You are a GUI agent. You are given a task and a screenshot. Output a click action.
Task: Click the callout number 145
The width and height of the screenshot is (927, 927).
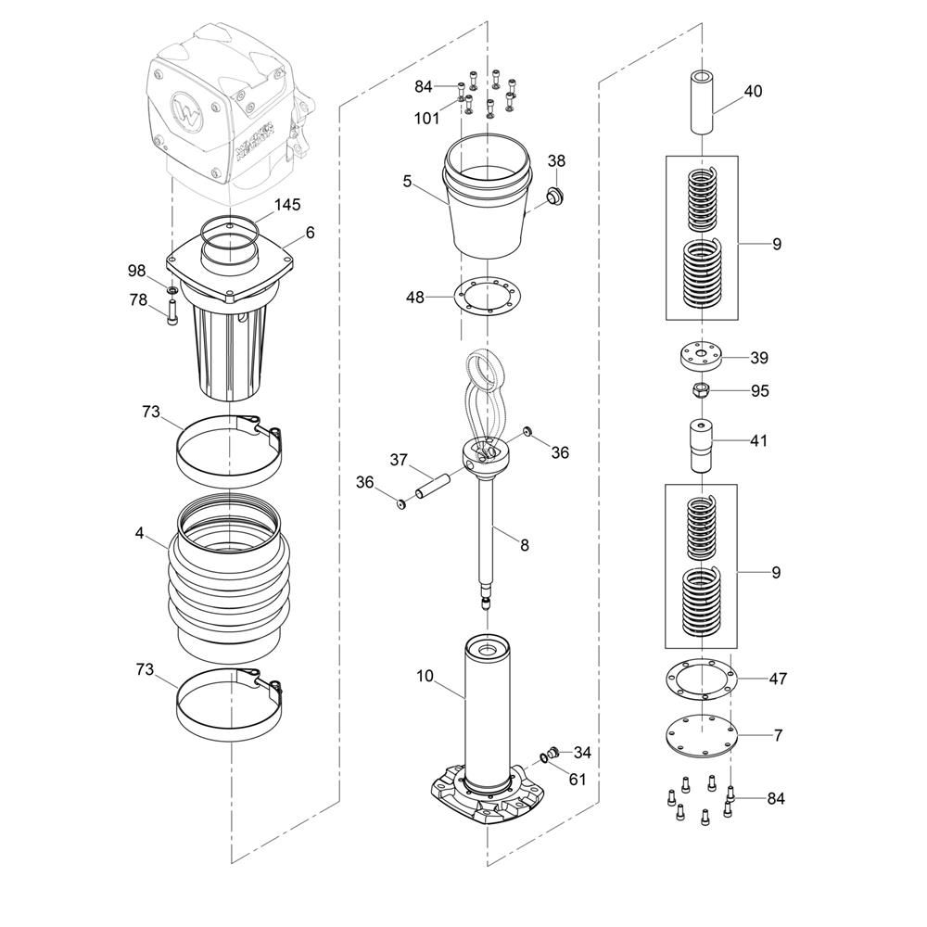[287, 205]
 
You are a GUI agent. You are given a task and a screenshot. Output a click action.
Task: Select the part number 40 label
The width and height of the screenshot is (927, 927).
[753, 91]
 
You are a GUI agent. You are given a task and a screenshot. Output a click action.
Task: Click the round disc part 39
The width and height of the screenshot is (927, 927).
[701, 357]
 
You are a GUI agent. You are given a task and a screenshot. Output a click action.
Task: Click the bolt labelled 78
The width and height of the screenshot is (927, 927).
[172, 312]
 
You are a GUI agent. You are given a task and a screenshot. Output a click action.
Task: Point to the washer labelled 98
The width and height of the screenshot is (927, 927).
[172, 291]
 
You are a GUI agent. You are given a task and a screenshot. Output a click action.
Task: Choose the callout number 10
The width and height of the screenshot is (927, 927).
[425, 676]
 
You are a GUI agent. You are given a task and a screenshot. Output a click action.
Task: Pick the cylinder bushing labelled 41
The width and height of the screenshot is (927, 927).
[701, 446]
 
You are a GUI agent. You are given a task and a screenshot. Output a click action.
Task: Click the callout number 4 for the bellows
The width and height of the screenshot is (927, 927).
[139, 533]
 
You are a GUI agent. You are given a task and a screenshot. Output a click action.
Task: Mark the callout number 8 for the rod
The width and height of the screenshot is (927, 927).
[525, 544]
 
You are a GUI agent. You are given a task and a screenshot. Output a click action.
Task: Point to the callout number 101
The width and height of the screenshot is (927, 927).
[426, 119]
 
